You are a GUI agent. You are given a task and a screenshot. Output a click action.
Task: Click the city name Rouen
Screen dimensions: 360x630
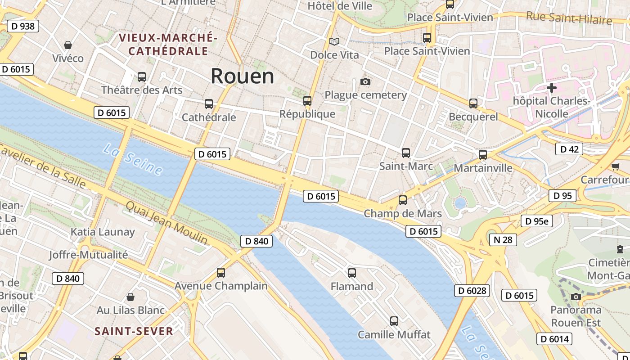[x=242, y=76]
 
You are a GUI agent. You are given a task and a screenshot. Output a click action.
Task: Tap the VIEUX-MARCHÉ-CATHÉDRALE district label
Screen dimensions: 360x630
[x=168, y=44]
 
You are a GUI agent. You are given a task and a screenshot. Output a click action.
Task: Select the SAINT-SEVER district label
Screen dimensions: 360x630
[x=134, y=332]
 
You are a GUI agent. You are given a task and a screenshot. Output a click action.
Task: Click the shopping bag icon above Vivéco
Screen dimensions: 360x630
[x=68, y=45]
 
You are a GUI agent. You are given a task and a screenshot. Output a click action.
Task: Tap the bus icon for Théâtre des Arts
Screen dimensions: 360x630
[x=142, y=77]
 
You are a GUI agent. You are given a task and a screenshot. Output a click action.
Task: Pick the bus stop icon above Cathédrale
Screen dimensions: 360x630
[x=209, y=104]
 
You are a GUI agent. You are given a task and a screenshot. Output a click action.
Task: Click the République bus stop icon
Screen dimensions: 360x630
[x=307, y=101]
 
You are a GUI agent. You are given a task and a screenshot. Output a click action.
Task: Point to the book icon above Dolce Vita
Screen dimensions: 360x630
[x=334, y=42]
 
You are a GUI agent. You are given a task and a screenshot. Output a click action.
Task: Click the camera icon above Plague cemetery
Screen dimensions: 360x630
[x=365, y=81]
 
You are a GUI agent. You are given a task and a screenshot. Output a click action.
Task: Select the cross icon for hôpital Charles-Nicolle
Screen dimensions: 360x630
[x=552, y=88]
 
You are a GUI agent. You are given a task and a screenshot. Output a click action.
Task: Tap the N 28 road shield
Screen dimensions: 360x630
[x=503, y=239]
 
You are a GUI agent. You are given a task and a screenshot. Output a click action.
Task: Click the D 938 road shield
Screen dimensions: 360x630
[x=22, y=26]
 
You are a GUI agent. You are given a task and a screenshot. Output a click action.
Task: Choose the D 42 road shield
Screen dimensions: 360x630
[x=569, y=149]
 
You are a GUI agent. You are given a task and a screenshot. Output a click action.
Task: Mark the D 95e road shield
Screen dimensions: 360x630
[x=536, y=221]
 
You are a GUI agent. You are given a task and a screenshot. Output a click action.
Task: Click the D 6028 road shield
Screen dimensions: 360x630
[x=472, y=291]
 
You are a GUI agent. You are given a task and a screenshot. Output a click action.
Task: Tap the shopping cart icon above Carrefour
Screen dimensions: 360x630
[x=615, y=166]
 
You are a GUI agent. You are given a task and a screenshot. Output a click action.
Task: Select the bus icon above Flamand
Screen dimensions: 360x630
[x=352, y=273]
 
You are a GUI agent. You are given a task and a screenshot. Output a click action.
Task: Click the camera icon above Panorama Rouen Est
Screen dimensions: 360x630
[x=576, y=297]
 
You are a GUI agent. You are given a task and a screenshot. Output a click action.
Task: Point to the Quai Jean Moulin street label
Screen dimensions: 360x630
[x=166, y=223]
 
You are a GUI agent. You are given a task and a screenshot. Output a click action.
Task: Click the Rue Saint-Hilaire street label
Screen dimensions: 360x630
[x=569, y=18]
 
